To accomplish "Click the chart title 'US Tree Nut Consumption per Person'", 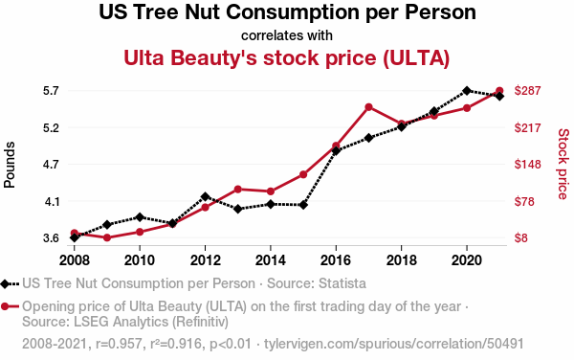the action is click(287, 11).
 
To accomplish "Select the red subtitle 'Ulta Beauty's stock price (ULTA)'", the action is click(287, 57).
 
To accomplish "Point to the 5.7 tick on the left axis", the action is click(51, 91).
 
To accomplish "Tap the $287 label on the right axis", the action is click(527, 90).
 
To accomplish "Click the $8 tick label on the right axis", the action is click(521, 238).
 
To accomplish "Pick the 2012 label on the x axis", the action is click(205, 260).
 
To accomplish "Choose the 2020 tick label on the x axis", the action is click(467, 260).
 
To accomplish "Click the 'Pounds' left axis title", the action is click(10, 165).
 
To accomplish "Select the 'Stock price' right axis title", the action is click(563, 164).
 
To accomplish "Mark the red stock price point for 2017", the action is click(368, 107).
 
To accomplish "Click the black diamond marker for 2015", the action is click(303, 205).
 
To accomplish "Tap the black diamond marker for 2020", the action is click(467, 90).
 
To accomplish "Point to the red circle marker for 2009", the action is click(107, 237).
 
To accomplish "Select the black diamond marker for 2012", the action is click(205, 196).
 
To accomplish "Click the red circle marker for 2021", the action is click(499, 90).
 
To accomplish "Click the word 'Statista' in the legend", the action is click(342, 283).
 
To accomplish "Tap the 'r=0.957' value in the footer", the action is click(119, 344).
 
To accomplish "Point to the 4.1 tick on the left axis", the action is click(51, 202).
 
